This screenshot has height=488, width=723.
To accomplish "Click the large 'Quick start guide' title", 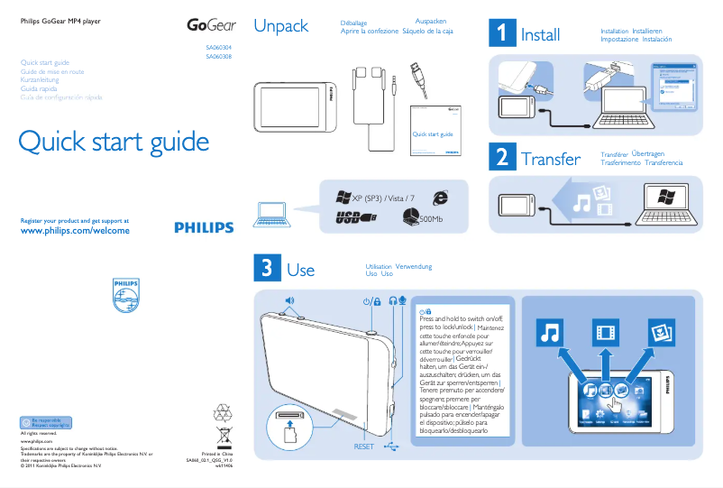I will point(114,143).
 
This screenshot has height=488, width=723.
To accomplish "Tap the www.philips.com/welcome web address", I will point(75,231).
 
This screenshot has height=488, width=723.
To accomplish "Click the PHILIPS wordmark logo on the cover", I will point(204,227).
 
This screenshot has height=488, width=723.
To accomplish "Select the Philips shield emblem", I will point(126,295).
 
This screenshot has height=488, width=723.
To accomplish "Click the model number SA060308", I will point(219,56).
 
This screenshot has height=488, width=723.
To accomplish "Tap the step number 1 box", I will point(501,33).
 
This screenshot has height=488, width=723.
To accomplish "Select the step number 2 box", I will point(501,157).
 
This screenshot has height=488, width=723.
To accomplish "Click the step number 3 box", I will point(267,267).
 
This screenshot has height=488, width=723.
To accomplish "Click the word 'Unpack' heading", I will point(281,26).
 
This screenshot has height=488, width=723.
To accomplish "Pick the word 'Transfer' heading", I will point(550,160).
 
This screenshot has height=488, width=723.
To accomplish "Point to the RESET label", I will point(363,447).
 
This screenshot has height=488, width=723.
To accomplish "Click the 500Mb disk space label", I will point(431,218).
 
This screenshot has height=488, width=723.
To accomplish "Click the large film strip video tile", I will point(605,333).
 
